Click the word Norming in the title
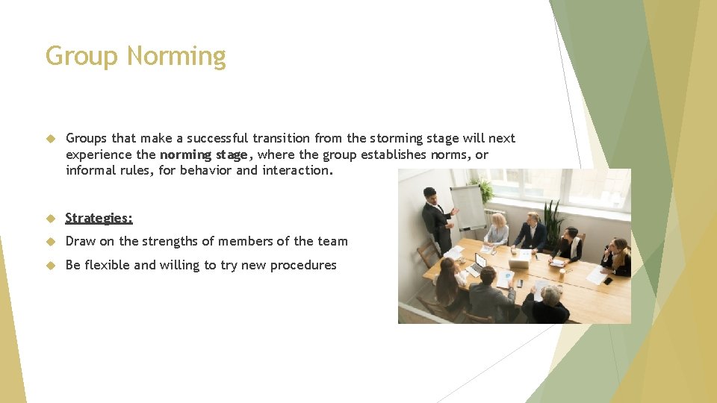(176, 57)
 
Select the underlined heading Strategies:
(99, 218)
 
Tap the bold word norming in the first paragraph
(187, 154)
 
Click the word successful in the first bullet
(217, 138)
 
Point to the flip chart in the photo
(468, 206)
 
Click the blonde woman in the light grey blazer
(497, 231)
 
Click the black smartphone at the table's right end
(607, 281)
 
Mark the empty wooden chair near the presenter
(428, 253)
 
